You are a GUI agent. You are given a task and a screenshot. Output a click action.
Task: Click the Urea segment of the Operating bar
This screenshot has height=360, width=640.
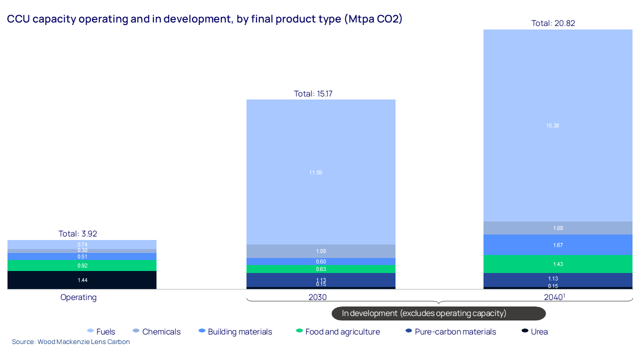pyautogui.click(x=82, y=280)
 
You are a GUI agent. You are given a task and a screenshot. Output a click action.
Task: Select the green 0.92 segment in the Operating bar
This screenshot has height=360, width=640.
pyautogui.click(x=82, y=265)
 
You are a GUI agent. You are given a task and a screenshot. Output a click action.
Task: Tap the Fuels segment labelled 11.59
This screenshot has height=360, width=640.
pyautogui.click(x=321, y=172)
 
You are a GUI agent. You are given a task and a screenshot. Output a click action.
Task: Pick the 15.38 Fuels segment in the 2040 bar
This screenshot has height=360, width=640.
pyautogui.click(x=557, y=125)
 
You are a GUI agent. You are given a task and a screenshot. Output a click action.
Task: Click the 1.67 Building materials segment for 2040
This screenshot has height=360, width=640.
pyautogui.click(x=557, y=245)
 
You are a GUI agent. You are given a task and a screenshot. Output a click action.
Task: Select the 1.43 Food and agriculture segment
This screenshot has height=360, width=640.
pyautogui.click(x=557, y=264)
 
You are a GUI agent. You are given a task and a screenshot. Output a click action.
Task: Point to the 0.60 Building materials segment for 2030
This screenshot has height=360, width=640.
pyautogui.click(x=321, y=261)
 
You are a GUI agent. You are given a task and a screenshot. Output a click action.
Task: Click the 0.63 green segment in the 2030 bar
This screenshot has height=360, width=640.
pyautogui.click(x=321, y=269)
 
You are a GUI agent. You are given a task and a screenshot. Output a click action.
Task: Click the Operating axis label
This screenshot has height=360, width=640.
pyautogui.click(x=78, y=297)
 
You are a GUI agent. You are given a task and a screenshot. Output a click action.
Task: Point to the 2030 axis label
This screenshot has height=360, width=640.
pyautogui.click(x=317, y=297)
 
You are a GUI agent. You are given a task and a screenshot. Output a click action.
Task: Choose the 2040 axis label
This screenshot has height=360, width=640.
pyautogui.click(x=553, y=297)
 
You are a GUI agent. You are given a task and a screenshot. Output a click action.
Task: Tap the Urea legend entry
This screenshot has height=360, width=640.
pyautogui.click(x=535, y=331)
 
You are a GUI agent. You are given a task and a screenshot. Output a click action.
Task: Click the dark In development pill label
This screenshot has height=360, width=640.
pyautogui.click(x=438, y=313)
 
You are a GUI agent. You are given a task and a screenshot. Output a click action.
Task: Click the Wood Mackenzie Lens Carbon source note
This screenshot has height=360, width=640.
pyautogui.click(x=71, y=342)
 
